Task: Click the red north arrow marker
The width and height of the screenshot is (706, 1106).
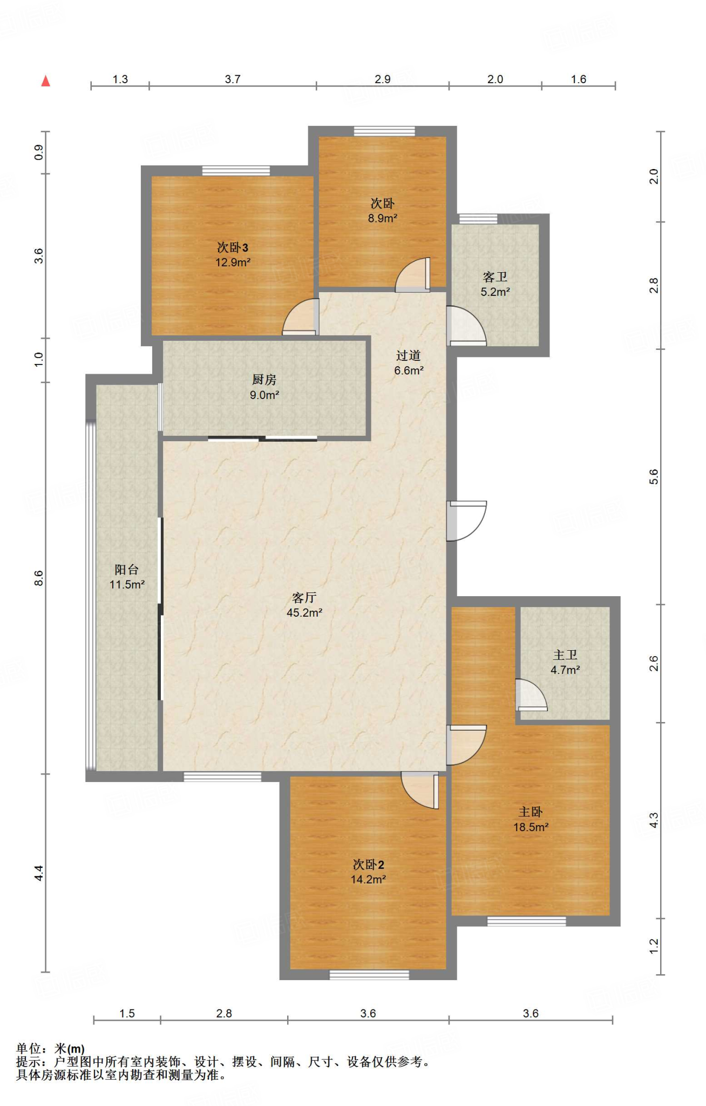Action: tap(46, 81)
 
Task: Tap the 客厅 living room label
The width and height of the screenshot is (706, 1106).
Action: tap(304, 597)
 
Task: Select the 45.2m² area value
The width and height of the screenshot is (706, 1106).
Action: tap(304, 612)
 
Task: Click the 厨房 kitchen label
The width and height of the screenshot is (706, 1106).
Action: tap(264, 380)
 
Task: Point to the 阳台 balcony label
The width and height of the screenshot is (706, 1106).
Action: tap(127, 569)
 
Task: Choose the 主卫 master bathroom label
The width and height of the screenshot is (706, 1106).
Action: tap(565, 655)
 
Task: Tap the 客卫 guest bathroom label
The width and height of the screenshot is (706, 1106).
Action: tap(495, 277)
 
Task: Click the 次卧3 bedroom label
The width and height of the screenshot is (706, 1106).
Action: tap(233, 247)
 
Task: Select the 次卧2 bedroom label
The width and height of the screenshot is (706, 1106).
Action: tap(368, 864)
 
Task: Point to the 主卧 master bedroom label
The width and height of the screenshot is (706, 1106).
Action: tap(531, 811)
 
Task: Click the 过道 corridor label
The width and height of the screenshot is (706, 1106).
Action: tap(408, 355)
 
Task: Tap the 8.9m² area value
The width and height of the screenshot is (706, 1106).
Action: tap(383, 218)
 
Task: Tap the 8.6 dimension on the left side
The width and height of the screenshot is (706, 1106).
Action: tap(39, 578)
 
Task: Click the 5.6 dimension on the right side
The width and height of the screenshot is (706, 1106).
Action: tap(654, 476)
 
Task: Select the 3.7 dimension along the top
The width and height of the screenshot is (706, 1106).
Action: tap(233, 79)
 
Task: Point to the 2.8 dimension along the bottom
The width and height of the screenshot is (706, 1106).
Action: tap(224, 1013)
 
